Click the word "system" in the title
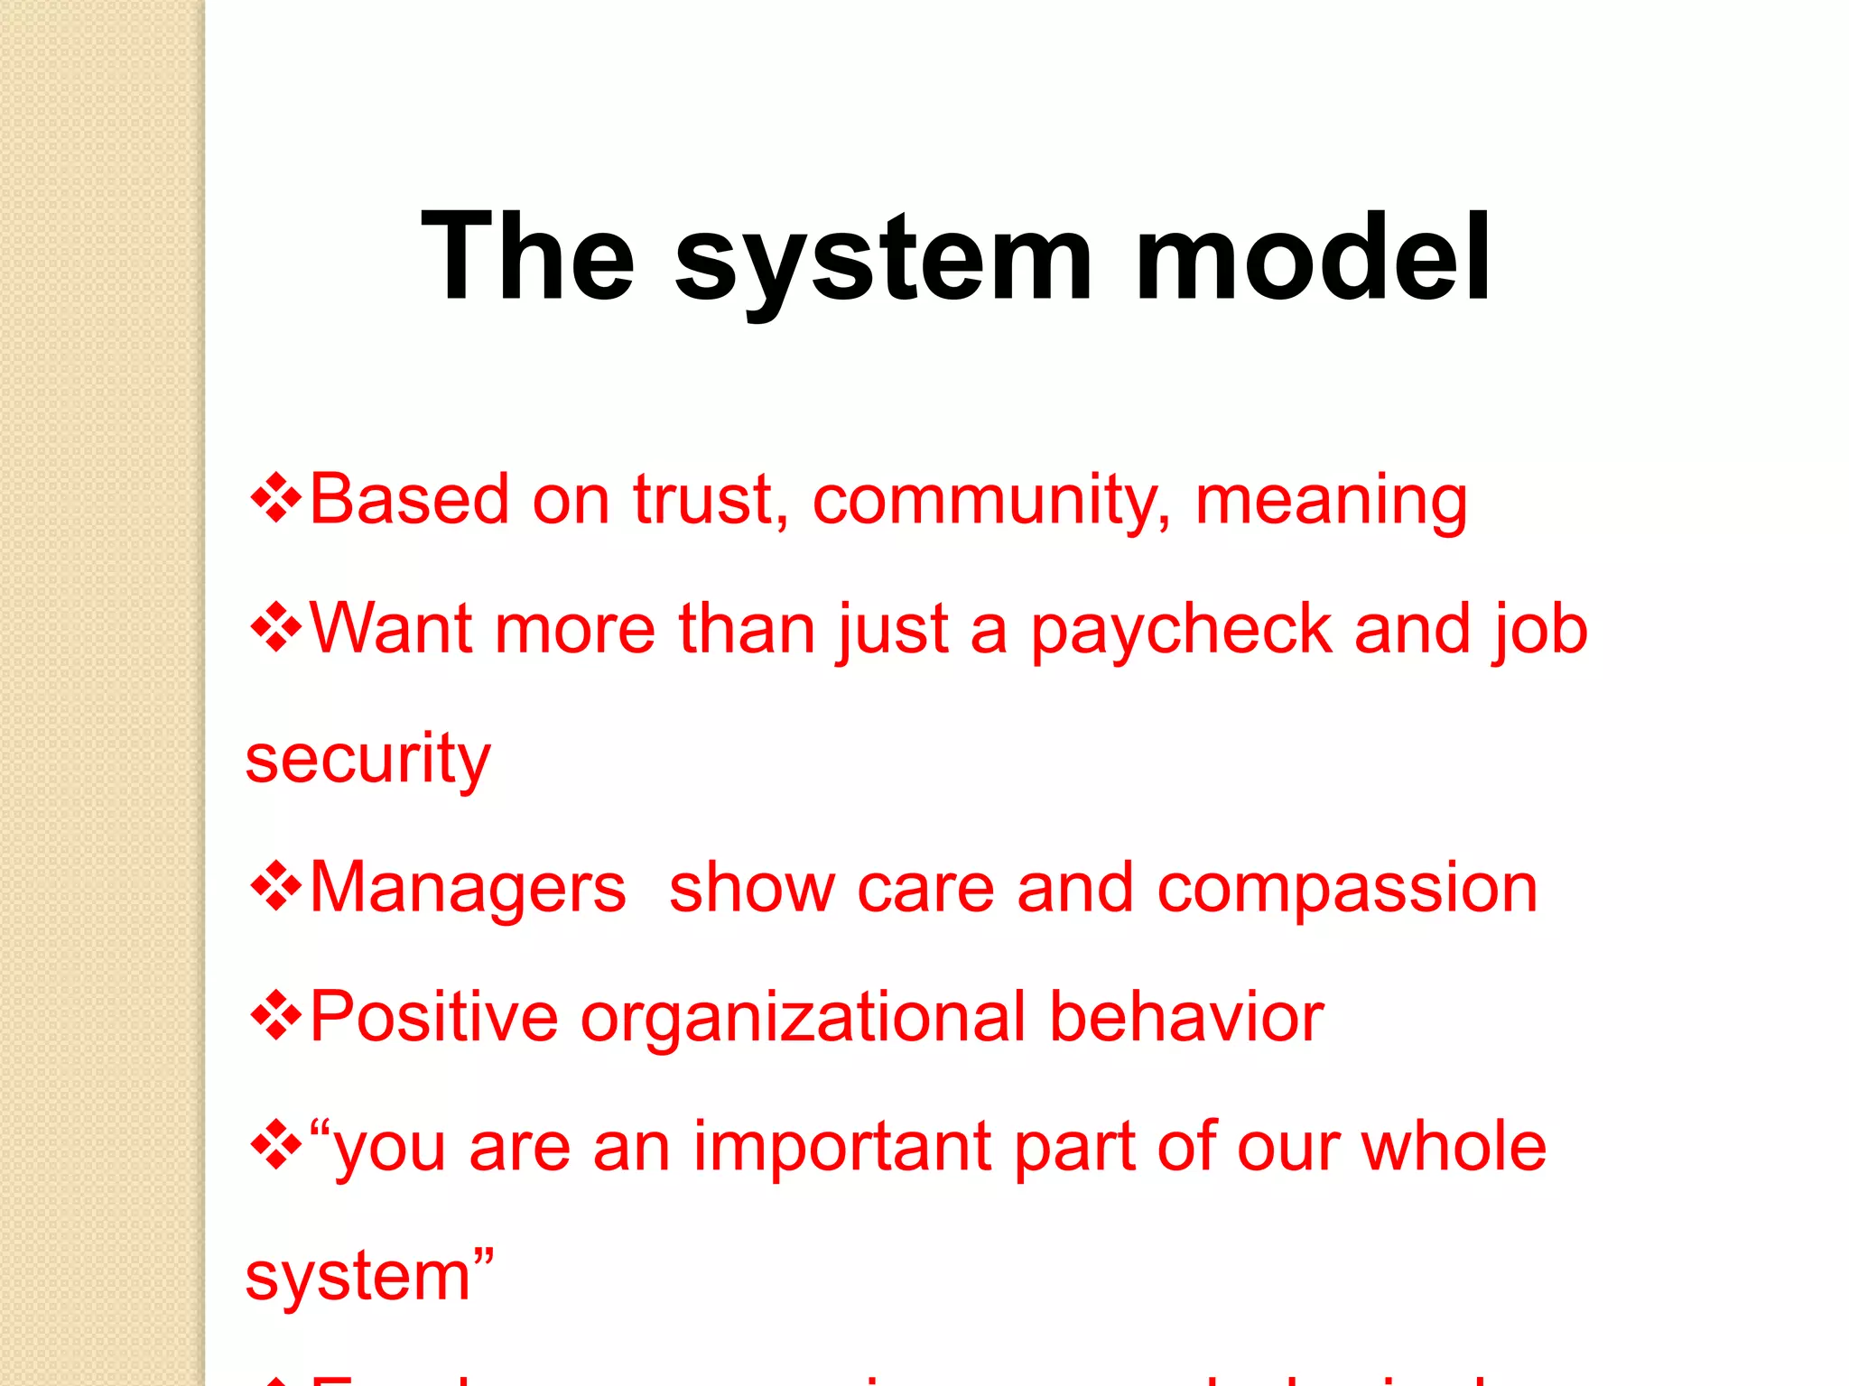pos(883,262)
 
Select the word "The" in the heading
pos(528,257)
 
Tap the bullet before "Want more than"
pos(275,628)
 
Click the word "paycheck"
pos(1181,631)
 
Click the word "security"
pos(367,760)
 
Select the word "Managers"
pos(468,889)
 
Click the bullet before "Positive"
pos(275,1017)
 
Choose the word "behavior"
pos(1186,1017)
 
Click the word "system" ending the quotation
pos(358,1278)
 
